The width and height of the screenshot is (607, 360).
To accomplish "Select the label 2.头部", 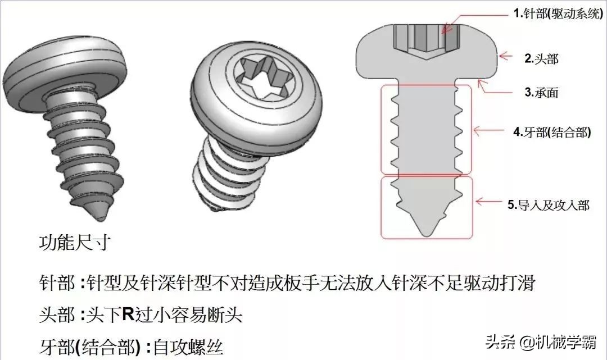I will pos(541,58).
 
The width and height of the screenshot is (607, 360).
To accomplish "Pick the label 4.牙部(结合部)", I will pos(551,133).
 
